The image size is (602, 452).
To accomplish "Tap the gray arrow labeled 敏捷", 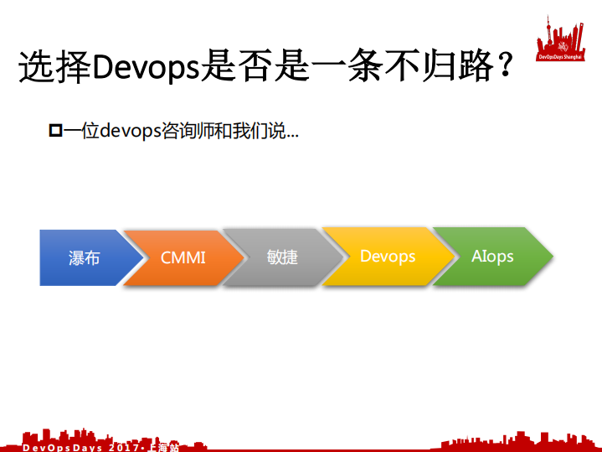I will [280, 257].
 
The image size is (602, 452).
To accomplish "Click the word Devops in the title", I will [145, 67].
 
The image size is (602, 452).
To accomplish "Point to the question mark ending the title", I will [504, 67].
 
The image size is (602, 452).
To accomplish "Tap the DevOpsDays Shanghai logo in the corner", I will [561, 37].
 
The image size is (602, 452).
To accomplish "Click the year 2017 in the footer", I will [126, 447].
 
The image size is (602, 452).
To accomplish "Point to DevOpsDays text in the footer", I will [62, 447].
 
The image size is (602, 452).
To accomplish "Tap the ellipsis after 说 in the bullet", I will [292, 135].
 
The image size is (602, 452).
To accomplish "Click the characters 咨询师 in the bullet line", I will [185, 132].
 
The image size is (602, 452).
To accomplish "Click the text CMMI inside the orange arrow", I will [183, 257].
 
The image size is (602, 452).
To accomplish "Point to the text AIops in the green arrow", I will [492, 256].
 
